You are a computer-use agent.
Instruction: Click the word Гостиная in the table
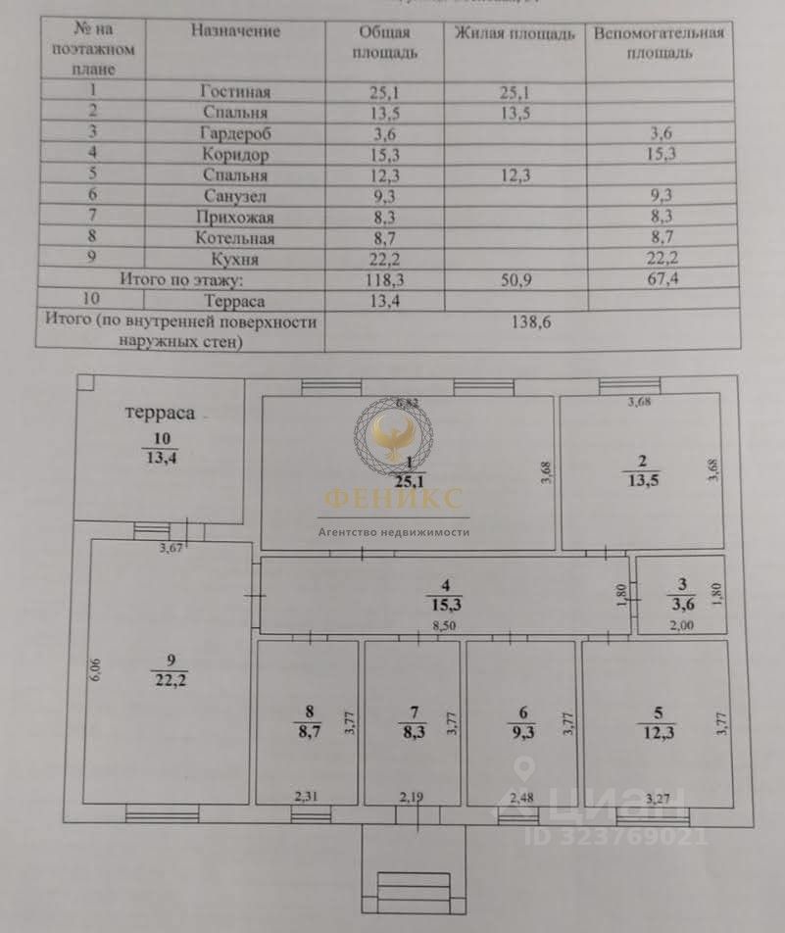click(233, 92)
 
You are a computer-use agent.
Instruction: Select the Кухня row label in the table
click(234, 258)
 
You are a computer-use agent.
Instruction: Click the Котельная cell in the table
click(234, 237)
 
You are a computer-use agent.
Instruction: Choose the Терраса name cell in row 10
click(234, 301)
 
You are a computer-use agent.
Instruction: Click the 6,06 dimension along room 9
click(94, 672)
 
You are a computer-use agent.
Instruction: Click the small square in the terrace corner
click(85, 385)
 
